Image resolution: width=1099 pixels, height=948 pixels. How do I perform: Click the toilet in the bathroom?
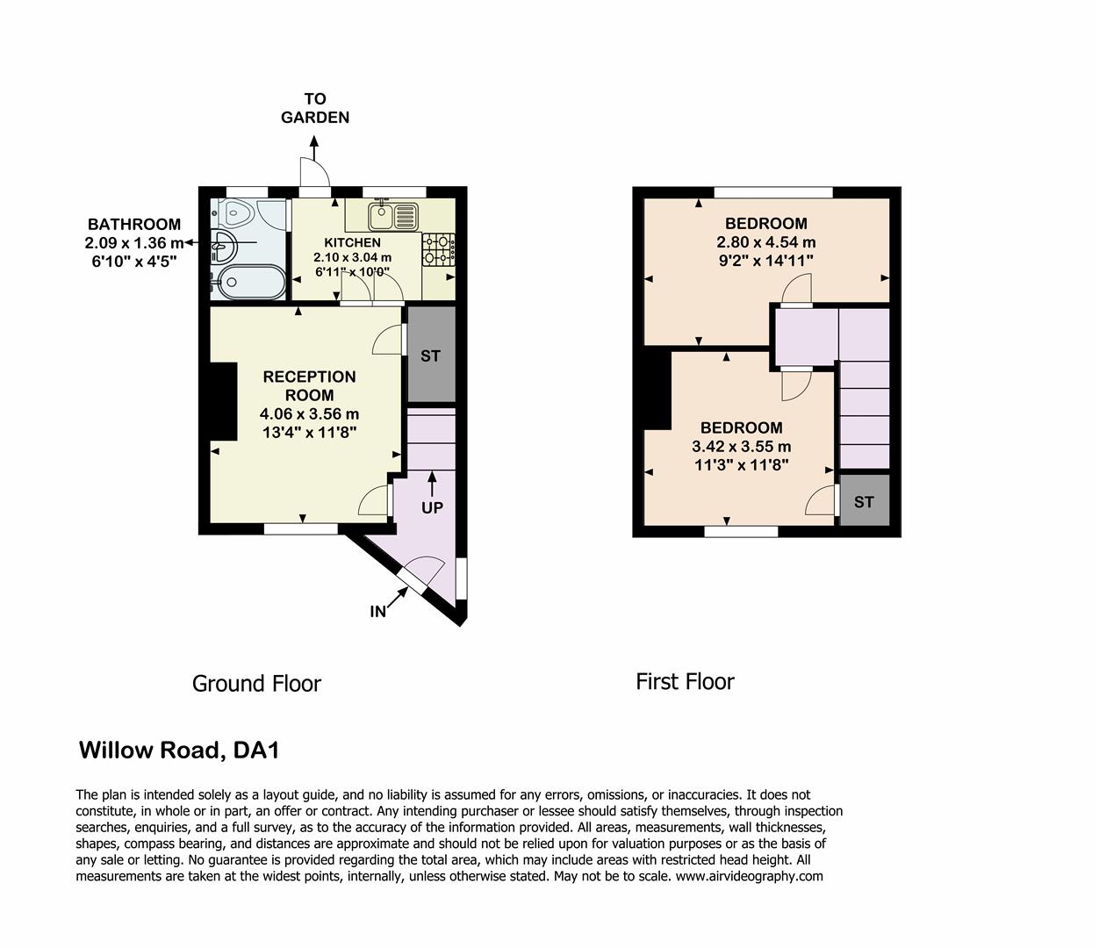pyautogui.click(x=234, y=212)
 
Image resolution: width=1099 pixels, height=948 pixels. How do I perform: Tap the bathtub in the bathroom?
pyautogui.click(x=248, y=283)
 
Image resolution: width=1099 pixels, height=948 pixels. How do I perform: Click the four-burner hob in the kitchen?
pyautogui.click(x=439, y=249)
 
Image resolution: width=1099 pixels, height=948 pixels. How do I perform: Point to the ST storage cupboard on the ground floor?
pyautogui.click(x=430, y=355)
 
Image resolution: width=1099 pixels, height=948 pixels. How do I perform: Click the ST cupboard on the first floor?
pyautogui.click(x=864, y=501)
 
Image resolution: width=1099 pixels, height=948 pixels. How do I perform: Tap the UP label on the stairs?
pyautogui.click(x=432, y=507)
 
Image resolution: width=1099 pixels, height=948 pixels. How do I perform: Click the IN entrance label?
pyautogui.click(x=377, y=612)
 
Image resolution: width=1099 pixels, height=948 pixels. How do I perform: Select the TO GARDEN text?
pyautogui.click(x=315, y=108)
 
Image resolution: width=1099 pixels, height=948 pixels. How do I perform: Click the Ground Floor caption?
pyautogui.click(x=256, y=683)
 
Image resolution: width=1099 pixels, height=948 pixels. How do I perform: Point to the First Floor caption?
pyautogui.click(x=685, y=681)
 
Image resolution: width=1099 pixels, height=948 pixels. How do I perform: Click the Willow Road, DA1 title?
pyautogui.click(x=179, y=750)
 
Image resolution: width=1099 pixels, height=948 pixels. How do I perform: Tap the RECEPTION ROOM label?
pyautogui.click(x=309, y=385)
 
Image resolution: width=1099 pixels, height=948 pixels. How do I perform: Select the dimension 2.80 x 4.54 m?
pyautogui.click(x=765, y=242)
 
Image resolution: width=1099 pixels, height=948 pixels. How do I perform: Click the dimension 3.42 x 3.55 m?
pyautogui.click(x=741, y=447)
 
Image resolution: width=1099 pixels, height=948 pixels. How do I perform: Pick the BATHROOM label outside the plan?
pyautogui.click(x=133, y=224)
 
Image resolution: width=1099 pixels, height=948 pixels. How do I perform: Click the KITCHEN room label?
pyautogui.click(x=352, y=242)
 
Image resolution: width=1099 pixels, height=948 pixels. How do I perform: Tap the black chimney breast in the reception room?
pyautogui.click(x=223, y=400)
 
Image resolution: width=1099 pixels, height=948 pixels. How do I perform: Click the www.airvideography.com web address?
pyautogui.click(x=749, y=875)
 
